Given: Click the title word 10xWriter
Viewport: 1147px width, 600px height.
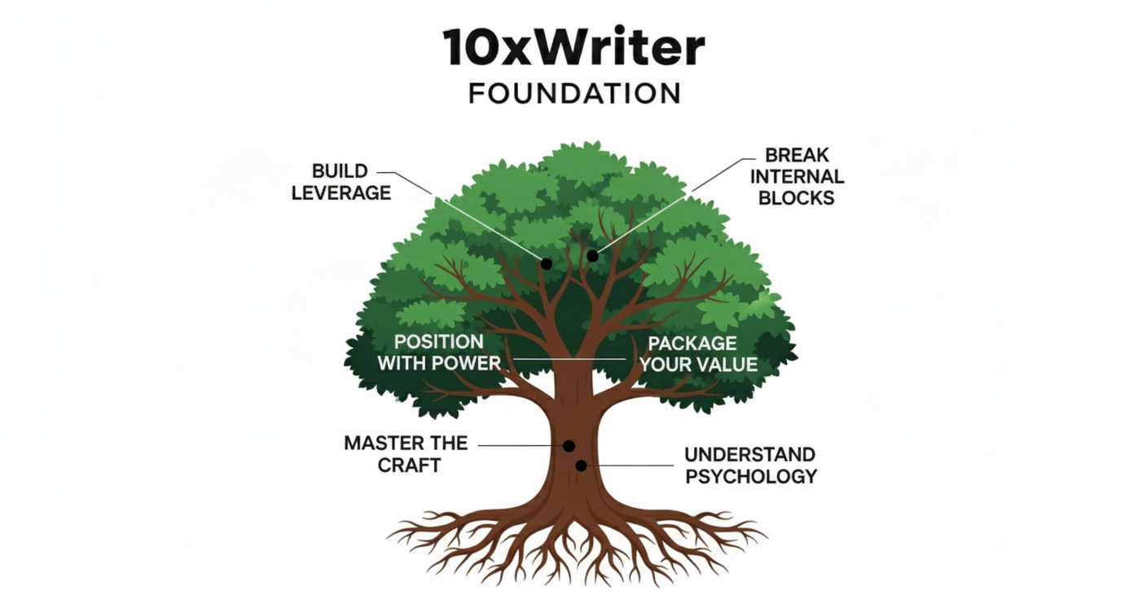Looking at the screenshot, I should [x=573, y=48].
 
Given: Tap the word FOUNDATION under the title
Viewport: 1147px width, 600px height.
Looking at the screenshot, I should [x=574, y=93].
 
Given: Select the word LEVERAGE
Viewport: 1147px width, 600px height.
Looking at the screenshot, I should [x=341, y=193].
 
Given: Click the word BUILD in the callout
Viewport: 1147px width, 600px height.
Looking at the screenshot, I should [x=340, y=172].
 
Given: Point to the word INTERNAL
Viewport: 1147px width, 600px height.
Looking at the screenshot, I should [x=796, y=176].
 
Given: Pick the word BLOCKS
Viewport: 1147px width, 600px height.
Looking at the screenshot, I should [x=796, y=197].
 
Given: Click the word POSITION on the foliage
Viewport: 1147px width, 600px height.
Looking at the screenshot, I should [x=438, y=342].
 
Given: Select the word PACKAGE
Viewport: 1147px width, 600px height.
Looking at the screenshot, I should [x=692, y=343].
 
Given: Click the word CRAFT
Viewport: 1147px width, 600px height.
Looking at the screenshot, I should [x=409, y=465].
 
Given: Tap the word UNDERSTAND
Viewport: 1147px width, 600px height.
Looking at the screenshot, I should [x=749, y=454].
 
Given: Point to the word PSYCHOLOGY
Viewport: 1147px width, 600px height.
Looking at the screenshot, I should [x=751, y=475].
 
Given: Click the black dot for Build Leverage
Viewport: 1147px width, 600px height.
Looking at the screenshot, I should [x=546, y=264].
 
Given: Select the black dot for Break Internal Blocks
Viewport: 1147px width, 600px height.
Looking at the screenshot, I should [x=592, y=256].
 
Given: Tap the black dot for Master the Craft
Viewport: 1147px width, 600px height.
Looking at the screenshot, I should [x=569, y=446].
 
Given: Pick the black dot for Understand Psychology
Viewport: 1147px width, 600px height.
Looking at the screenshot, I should [x=581, y=465].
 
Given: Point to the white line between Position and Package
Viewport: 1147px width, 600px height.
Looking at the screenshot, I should [x=570, y=359].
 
